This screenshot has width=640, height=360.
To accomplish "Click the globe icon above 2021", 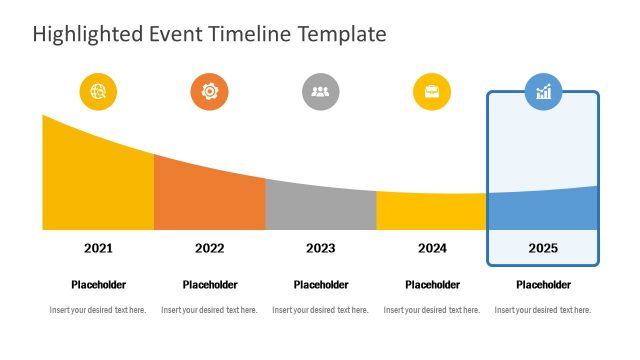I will (98, 92).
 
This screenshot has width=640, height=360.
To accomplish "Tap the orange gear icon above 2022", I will (209, 92).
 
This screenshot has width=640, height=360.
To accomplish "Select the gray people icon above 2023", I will (320, 92).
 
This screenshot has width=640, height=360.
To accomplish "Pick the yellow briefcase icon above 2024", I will (432, 92).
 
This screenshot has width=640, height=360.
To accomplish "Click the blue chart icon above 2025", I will (543, 92).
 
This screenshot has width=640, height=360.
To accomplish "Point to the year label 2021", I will (98, 248).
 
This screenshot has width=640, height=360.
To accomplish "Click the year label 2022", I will (209, 248).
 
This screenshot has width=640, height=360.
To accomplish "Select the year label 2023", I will (320, 248).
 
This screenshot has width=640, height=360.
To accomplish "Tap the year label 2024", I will (432, 248).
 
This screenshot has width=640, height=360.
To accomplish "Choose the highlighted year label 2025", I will (543, 248).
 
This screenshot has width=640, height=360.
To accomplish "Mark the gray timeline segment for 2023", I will (320, 208).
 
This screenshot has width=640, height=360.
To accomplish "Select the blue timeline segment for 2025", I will (543, 210).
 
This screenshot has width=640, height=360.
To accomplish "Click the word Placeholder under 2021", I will (98, 285).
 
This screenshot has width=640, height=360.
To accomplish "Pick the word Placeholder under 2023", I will (320, 285).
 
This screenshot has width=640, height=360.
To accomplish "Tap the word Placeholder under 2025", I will (543, 285).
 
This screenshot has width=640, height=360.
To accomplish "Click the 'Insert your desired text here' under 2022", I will (209, 310).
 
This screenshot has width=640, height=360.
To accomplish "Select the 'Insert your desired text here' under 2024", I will (432, 310).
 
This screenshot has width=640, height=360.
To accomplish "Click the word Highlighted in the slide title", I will (88, 34).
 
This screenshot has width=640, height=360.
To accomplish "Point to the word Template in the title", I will (339, 34).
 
